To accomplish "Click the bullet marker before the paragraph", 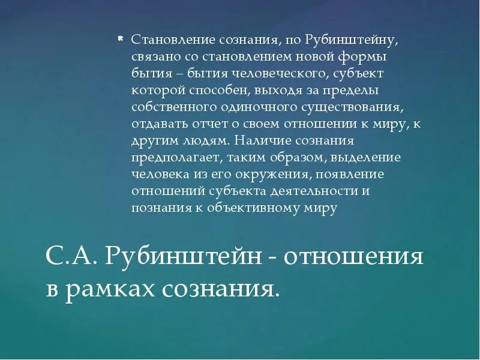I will [x=120, y=38].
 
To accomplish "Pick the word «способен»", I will [x=223, y=91].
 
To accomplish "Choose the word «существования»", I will [x=349, y=107].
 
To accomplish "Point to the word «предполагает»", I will [x=170, y=158].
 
